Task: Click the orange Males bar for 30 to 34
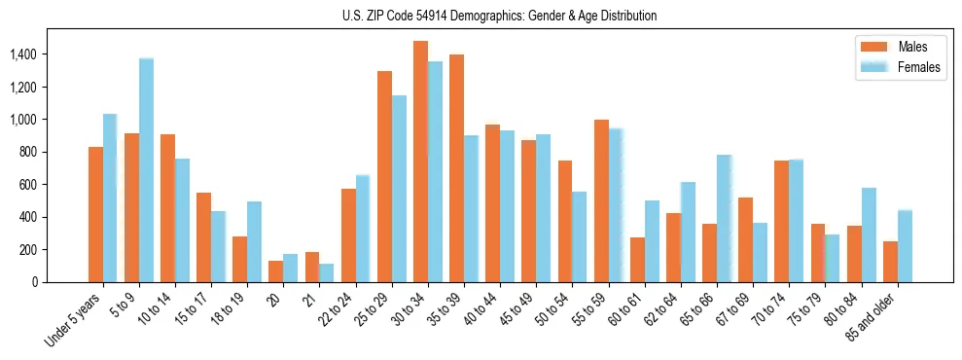click(420, 162)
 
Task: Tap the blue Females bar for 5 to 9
click(146, 170)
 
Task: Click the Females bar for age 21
click(327, 272)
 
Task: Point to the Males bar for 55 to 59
click(601, 200)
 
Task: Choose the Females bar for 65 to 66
click(724, 218)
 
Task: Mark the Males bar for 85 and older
click(890, 262)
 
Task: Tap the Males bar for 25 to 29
click(384, 176)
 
